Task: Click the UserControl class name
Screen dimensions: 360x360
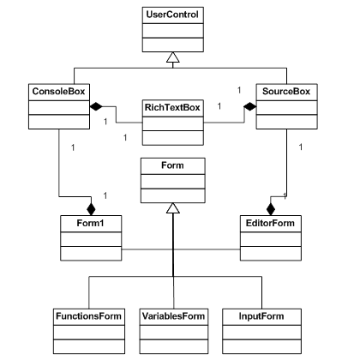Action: (172, 15)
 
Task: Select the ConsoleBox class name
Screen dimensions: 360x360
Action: (58, 92)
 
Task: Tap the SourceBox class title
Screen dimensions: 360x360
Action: (286, 92)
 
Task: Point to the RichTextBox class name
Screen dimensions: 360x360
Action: (172, 107)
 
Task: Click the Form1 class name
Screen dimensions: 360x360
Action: (90, 223)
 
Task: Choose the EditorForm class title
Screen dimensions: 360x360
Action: (270, 223)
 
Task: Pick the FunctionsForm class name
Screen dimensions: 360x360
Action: (88, 316)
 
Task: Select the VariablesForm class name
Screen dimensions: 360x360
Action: (173, 316)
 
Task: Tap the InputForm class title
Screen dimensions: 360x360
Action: (261, 316)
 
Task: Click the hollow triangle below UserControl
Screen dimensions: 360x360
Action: (173, 57)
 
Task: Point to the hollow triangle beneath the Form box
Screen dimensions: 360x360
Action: (173, 208)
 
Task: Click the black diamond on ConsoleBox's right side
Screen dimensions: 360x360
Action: (96, 106)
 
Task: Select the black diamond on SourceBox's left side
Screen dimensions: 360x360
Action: (250, 106)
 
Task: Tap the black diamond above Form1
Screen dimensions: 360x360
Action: (91, 209)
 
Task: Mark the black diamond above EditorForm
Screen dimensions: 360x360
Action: (271, 209)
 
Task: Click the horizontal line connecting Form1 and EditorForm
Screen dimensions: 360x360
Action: (181, 249)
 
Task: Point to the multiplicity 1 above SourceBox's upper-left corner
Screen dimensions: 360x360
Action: (239, 90)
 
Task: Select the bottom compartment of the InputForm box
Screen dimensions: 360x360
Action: (261, 346)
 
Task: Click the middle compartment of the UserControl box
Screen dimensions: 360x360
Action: (173, 31)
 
